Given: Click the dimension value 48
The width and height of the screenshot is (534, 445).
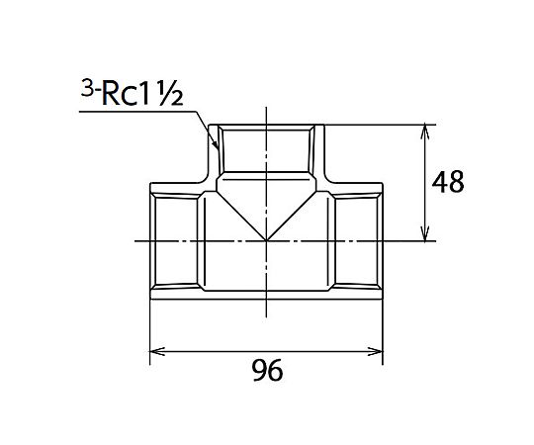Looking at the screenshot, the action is tap(448, 182).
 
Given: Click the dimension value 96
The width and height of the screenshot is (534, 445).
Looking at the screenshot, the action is tap(268, 370).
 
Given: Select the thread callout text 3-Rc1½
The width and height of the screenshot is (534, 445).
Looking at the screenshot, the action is tap(133, 92).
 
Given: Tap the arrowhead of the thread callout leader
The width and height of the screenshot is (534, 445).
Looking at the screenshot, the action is tap(216, 145).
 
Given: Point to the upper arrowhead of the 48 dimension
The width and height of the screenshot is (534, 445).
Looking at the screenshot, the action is tap(424, 133).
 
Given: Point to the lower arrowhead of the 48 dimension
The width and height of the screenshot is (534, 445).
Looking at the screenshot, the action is tap(424, 234).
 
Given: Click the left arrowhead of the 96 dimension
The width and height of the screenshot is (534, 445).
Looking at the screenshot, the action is tap(157, 351).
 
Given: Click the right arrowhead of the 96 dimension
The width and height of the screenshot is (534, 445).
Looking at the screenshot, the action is tap(376, 351).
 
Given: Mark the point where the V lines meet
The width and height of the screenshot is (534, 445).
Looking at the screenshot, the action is tap(267, 240).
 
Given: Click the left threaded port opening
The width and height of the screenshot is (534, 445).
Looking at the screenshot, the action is tap(174, 240).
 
